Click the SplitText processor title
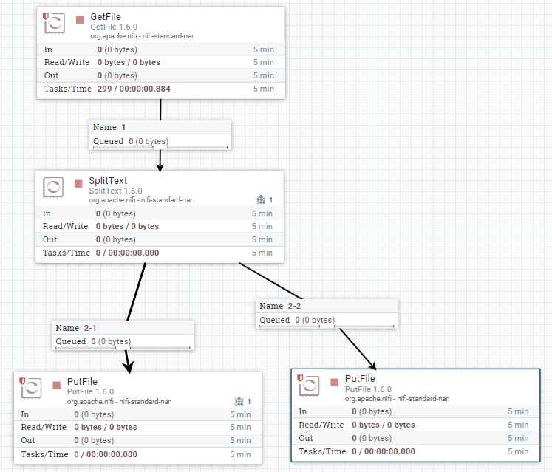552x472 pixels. (x=108, y=180)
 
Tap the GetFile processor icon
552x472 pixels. (x=54, y=24)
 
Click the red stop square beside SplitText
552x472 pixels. (x=78, y=182)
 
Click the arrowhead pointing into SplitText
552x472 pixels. (x=160, y=165)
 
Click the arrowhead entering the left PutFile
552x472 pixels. (x=129, y=367)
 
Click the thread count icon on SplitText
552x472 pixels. (x=260, y=199)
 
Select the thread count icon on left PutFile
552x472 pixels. (x=239, y=401)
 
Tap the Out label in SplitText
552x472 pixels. (x=50, y=239)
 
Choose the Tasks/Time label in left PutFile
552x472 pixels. (x=45, y=454)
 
